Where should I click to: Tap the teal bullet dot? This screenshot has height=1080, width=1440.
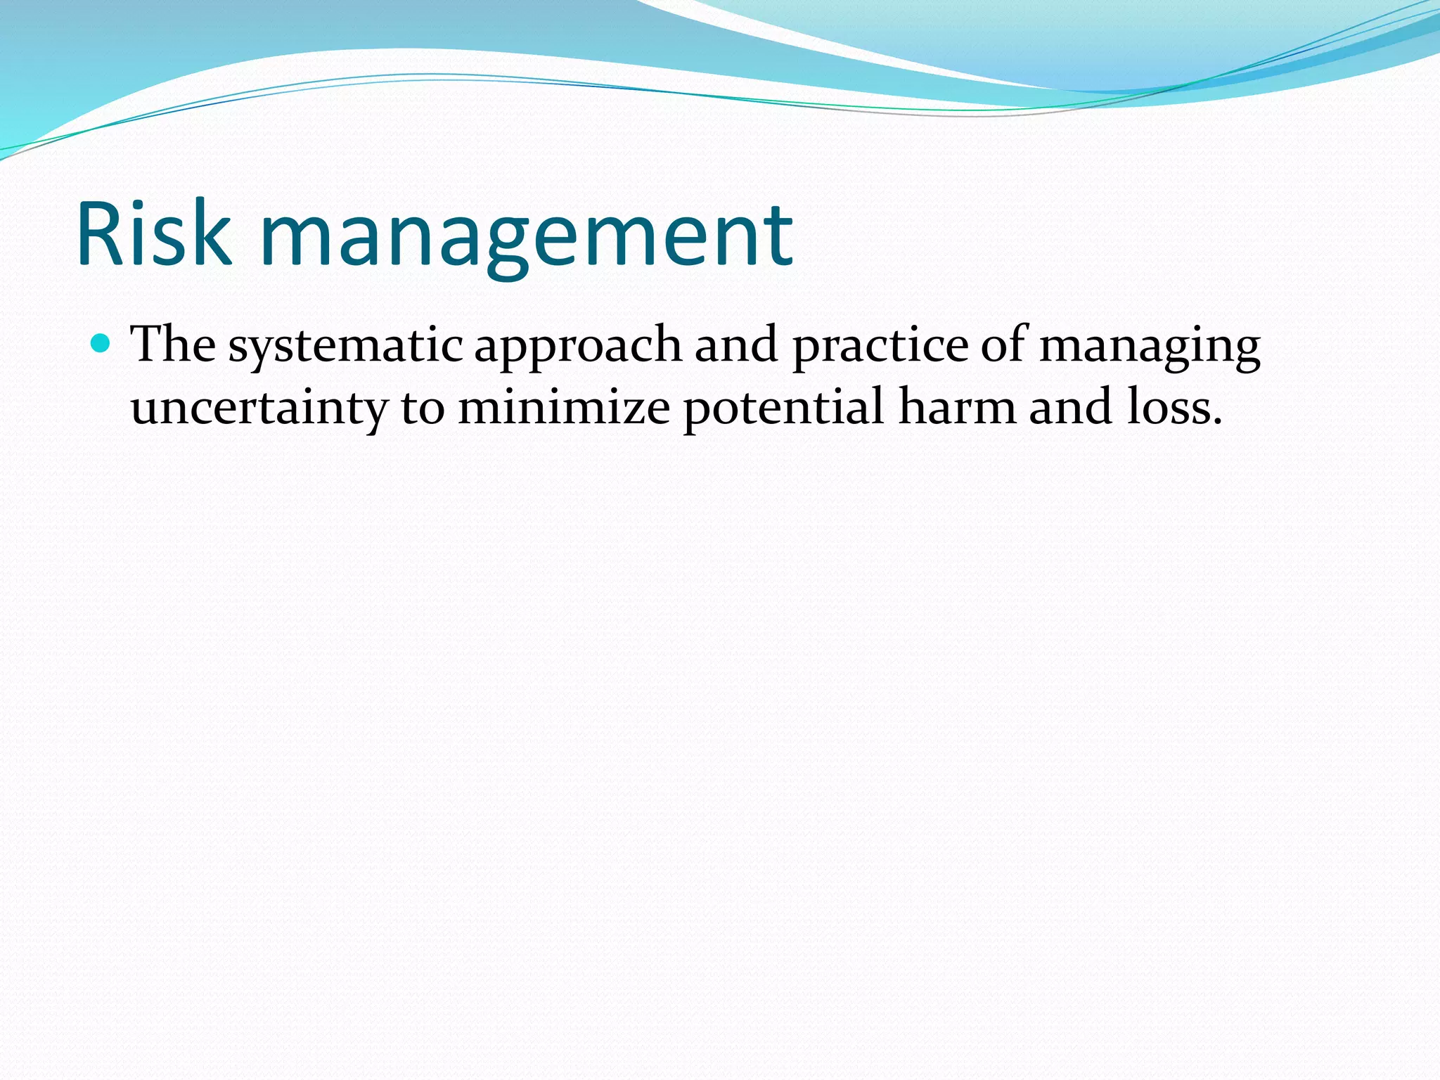(101, 343)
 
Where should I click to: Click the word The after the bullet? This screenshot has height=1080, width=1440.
(174, 345)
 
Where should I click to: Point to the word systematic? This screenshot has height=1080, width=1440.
(345, 348)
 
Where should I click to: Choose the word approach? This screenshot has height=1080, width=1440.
(578, 348)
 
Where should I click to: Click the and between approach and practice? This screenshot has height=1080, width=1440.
(736, 345)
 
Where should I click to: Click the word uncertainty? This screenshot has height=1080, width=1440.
(259, 409)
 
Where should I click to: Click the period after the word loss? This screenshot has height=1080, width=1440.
(1217, 423)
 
